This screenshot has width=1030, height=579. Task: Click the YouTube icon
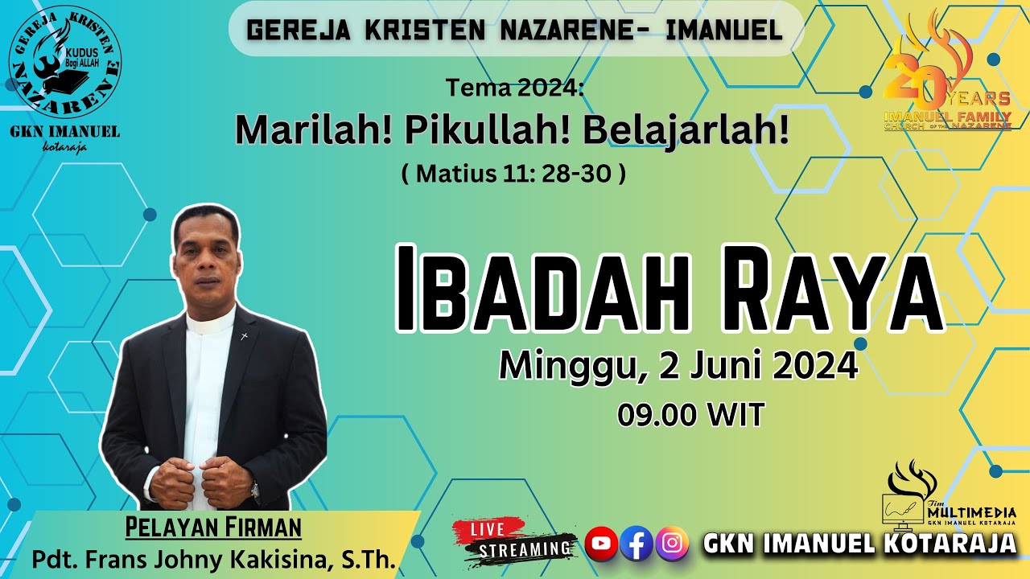pyautogui.click(x=601, y=544)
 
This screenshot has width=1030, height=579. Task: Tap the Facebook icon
pyautogui.click(x=637, y=544)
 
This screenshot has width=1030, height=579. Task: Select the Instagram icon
pyautogui.click(x=672, y=544)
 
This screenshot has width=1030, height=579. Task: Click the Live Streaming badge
pyautogui.click(x=515, y=540)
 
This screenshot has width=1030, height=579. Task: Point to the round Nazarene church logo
pyautogui.click(x=65, y=64)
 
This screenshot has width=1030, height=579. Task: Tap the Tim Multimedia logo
pyautogui.click(x=950, y=495)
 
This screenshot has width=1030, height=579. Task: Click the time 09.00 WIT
pyautogui.click(x=690, y=415)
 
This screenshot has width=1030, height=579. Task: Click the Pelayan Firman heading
pyautogui.click(x=213, y=528)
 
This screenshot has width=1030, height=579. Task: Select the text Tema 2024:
pyautogui.click(x=514, y=89)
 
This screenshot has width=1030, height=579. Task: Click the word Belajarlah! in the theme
pyautogui.click(x=686, y=131)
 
